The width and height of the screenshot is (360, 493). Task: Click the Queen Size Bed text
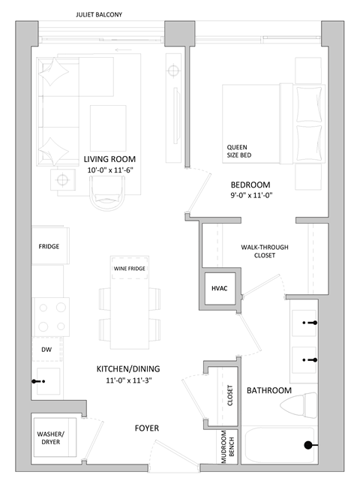point(240,152)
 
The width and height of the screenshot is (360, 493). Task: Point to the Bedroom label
point(250,185)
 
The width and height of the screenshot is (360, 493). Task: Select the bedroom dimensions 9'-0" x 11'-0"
point(250,197)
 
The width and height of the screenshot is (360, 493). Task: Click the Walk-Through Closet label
point(264,251)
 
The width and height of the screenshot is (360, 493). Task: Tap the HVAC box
point(220,288)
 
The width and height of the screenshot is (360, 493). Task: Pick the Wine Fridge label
point(130,269)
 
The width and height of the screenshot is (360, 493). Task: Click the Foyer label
point(146,428)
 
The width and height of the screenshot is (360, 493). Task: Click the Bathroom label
point(268,390)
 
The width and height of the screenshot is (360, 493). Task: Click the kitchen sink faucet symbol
point(38,381)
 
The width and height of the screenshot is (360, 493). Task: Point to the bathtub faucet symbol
point(308,446)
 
